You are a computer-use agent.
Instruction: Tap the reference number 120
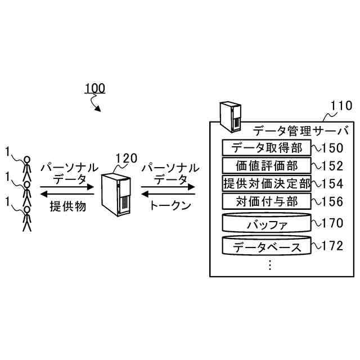pos(125,158)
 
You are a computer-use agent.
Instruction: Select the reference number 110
pos(340,106)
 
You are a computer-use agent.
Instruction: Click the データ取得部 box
pos(267,147)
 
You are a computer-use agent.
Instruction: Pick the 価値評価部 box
pos(267,165)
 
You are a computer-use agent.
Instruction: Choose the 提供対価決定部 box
pos(267,183)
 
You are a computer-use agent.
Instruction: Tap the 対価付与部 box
pos(267,201)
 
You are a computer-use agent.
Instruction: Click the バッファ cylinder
pos(267,223)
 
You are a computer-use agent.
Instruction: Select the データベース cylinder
pos(267,246)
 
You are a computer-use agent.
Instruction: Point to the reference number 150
pos(332,148)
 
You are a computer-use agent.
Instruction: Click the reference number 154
pos(332,184)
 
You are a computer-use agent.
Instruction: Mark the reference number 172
pos(332,246)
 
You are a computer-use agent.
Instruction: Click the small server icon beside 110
pos(230,116)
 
